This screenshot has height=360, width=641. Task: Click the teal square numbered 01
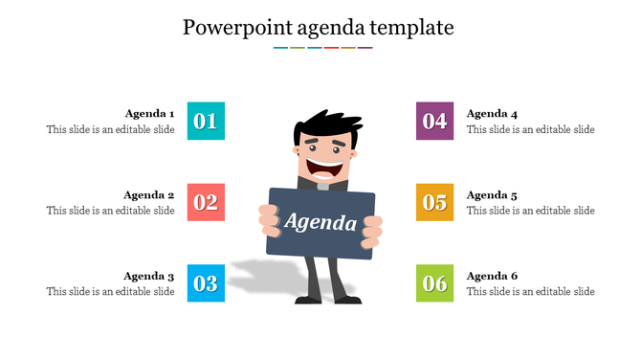(206, 121)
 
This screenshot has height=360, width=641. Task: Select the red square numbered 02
(206, 202)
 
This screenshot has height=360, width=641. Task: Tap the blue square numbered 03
(206, 283)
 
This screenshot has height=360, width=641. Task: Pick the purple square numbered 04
(435, 121)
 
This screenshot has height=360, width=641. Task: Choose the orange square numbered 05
(435, 202)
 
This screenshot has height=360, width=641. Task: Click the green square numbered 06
(435, 283)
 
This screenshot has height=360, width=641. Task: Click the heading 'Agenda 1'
(149, 113)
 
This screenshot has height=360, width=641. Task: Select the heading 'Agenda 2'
(149, 194)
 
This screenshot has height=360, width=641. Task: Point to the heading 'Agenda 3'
(149, 276)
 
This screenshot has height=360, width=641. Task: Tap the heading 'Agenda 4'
(492, 113)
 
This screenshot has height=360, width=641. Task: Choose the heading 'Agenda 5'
(492, 194)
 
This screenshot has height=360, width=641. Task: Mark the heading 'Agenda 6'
(492, 276)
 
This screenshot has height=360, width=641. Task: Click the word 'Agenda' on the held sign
(320, 223)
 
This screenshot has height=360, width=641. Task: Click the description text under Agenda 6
(530, 292)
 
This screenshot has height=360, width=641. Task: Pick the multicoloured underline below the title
(322, 47)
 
